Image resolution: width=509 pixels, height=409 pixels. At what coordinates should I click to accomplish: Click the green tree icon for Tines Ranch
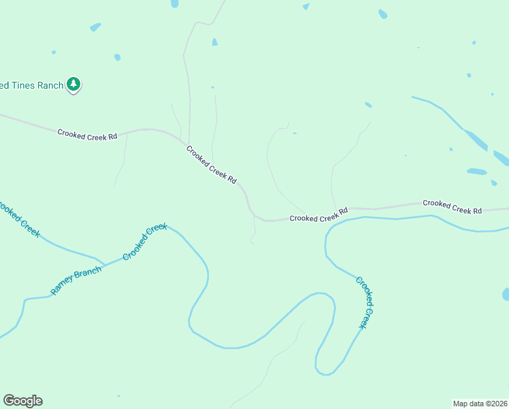coord(73,85)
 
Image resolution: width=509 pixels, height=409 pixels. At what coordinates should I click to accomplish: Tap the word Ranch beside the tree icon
coord(50,85)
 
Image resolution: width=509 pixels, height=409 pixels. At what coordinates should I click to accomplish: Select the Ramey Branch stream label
coord(76,280)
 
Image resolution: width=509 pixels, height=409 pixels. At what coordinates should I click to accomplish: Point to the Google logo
coord(22,401)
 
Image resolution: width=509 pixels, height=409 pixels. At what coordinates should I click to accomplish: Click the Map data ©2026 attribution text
coord(480,403)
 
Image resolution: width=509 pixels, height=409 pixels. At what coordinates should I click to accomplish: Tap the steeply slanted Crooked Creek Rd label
coord(212,165)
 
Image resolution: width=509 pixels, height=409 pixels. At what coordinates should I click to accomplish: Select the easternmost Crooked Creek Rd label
coord(452,207)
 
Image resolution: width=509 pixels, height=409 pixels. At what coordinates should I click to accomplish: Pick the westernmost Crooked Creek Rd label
coord(87,135)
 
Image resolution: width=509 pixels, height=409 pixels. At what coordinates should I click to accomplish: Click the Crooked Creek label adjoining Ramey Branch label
coord(145,242)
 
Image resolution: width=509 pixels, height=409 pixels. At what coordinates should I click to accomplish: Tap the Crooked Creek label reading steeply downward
coord(365,303)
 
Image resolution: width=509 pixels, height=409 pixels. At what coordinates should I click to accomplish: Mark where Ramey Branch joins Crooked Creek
coord(103,264)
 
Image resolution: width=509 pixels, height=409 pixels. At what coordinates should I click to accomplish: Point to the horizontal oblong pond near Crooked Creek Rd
coord(476,172)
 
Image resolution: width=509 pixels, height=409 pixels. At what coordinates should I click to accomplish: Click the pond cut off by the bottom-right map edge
coord(506,294)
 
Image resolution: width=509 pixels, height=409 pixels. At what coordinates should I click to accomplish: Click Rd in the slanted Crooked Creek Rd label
coord(232,181)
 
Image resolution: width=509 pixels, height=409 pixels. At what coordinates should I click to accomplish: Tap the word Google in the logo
coord(22,401)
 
